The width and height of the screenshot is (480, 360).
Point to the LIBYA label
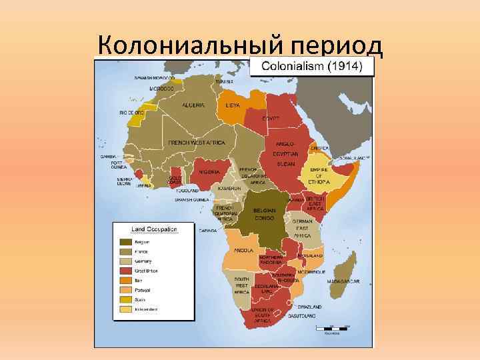pos(233,105)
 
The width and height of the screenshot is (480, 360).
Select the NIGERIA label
pos(211,172)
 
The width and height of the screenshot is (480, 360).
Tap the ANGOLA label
pos(243,251)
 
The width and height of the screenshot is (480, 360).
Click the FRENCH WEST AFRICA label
pos(197,143)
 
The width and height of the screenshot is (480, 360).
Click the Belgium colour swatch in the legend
pos(125,241)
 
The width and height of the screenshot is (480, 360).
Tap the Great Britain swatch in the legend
pos(125,271)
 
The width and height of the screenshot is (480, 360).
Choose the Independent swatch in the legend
pos(125,309)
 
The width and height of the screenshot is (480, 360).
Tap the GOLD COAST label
pos(175,180)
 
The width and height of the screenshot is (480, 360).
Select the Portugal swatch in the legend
pos(125,290)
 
